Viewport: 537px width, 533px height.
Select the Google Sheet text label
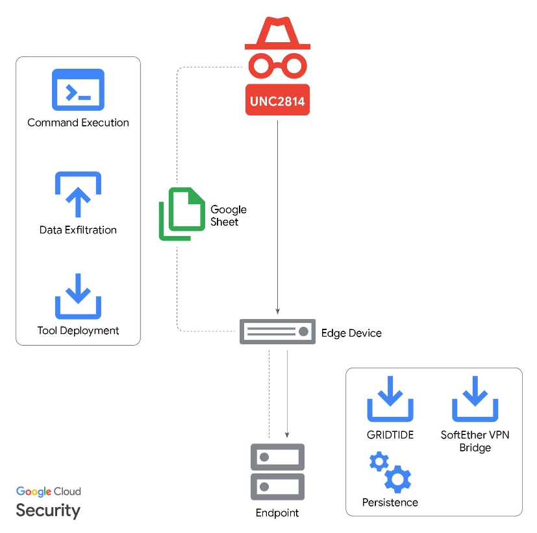[x=228, y=216]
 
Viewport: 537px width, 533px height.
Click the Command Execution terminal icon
[x=78, y=89]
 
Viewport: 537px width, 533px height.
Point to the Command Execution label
[x=78, y=123]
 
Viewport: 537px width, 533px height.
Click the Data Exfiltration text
[x=78, y=230]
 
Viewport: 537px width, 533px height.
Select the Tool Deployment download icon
[x=78, y=296]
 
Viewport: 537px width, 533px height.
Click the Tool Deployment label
[x=78, y=331]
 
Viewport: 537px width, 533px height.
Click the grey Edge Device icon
[x=277, y=331]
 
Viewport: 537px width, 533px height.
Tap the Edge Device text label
[x=351, y=333]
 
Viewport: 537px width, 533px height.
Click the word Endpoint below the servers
[x=277, y=513]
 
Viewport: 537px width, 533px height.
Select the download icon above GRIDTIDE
[x=390, y=400]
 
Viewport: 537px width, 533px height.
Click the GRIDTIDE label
[x=390, y=435]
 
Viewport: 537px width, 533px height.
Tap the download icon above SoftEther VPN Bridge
[x=475, y=400]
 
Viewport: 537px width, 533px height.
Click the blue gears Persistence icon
[x=390, y=473]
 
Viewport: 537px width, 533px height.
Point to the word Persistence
[x=390, y=503]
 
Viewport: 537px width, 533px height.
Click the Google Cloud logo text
[x=49, y=492]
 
